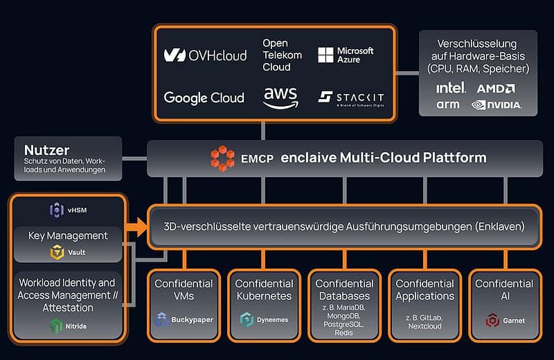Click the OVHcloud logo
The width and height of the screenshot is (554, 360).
point(205,55)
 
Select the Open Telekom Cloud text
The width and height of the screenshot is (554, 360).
point(280,55)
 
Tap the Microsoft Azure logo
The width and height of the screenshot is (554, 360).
point(346,55)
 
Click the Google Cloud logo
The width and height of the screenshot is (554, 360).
point(204,98)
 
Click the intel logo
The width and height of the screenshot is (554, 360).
point(451,88)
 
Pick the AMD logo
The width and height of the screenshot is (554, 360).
point(495,88)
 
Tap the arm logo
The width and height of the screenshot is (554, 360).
point(448,105)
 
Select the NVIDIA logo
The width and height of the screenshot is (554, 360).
point(496,105)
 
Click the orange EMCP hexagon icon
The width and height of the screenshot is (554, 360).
point(223,158)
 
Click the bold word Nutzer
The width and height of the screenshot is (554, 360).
point(46,150)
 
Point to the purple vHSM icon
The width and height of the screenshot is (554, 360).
point(57,210)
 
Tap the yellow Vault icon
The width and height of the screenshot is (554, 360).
point(57,253)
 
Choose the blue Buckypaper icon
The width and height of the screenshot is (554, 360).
point(162,320)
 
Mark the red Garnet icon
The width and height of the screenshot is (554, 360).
point(492,320)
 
